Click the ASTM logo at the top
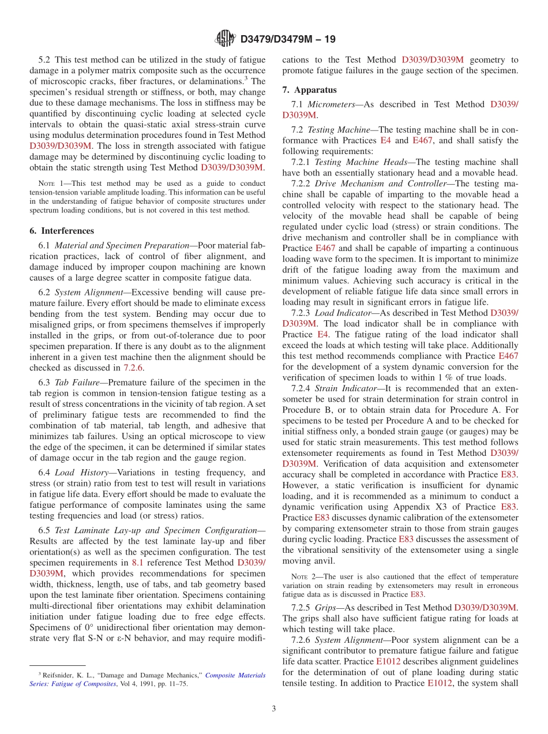click(224, 39)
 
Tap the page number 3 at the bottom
click(274, 709)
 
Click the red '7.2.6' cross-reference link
click(133, 368)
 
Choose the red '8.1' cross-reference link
click(138, 563)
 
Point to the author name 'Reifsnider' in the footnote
click(59, 675)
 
